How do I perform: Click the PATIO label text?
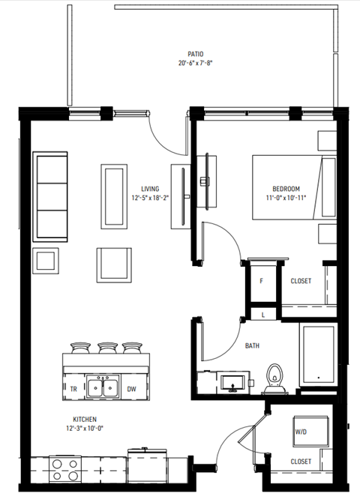point(196,54)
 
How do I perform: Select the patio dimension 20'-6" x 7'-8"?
point(196,64)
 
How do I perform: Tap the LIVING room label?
point(150,189)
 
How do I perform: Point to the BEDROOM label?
point(286,188)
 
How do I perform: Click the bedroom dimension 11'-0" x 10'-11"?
point(286,198)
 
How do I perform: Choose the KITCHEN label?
point(85,420)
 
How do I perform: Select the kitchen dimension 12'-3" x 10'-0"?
point(85,429)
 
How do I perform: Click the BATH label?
point(253,346)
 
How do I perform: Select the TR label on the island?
point(73,388)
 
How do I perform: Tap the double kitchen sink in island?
point(102,387)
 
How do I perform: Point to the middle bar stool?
point(103,349)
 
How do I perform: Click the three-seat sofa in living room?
point(51,197)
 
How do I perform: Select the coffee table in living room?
point(114,196)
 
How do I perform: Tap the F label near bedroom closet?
point(261,281)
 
